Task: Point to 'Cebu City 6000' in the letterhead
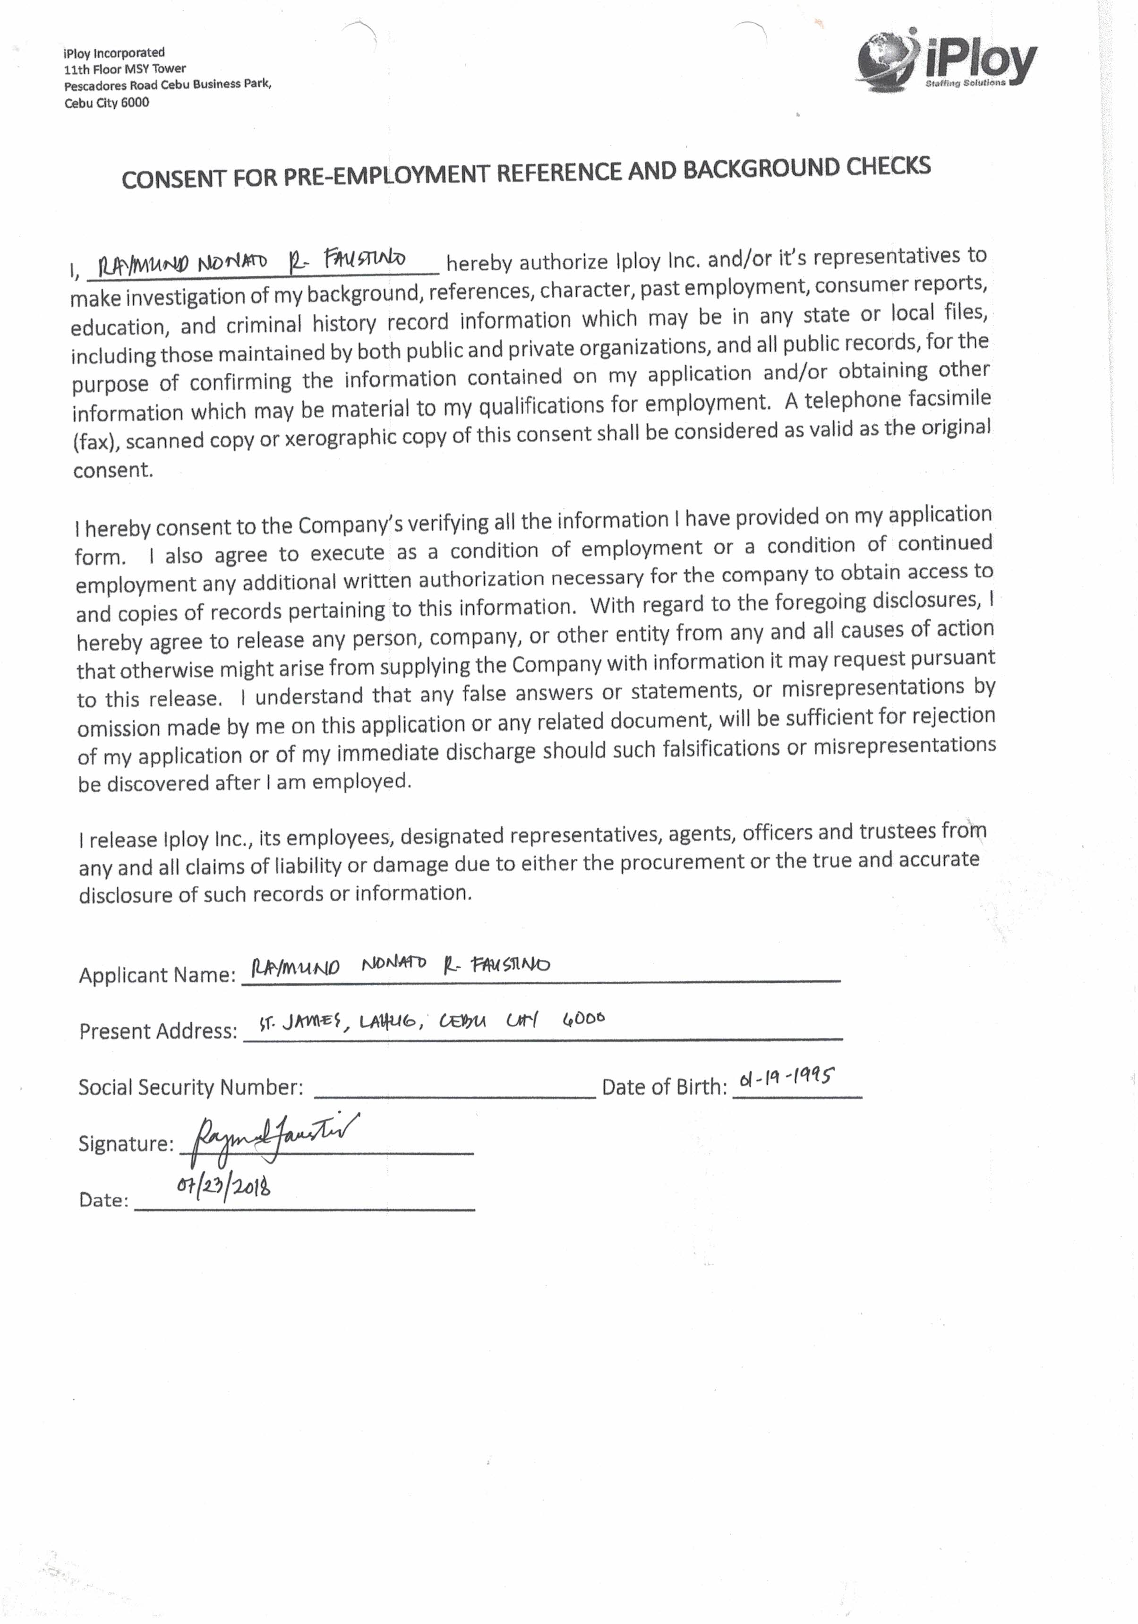pyautogui.click(x=106, y=103)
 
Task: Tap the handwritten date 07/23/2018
pyautogui.click(x=223, y=1186)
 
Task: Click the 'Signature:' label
pyautogui.click(x=126, y=1144)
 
